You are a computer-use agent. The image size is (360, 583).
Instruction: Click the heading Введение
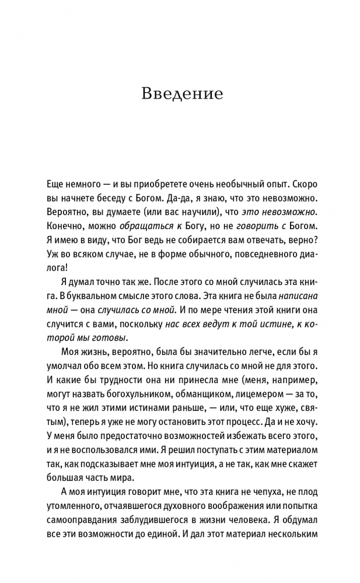click(x=181, y=94)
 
